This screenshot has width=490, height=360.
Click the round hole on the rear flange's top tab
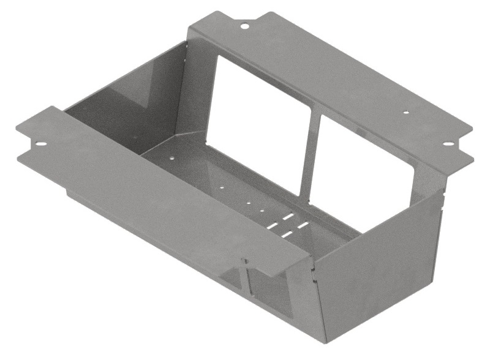coord(243,26)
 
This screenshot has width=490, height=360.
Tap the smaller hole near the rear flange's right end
coord(405,113)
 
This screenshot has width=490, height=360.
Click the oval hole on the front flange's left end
coord(41,144)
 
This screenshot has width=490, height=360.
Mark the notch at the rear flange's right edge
coord(469,148)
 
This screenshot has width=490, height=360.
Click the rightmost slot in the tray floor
coord(304,225)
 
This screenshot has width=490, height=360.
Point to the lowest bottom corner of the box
coord(326,342)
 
